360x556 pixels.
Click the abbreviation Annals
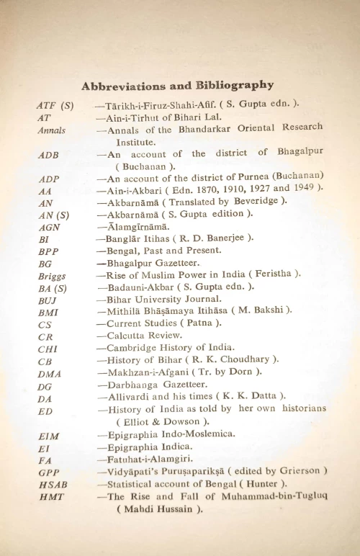tap(51, 130)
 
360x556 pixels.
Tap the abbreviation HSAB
tap(52, 484)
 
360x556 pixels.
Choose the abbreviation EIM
tap(50, 435)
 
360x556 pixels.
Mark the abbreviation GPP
tap(50, 472)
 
